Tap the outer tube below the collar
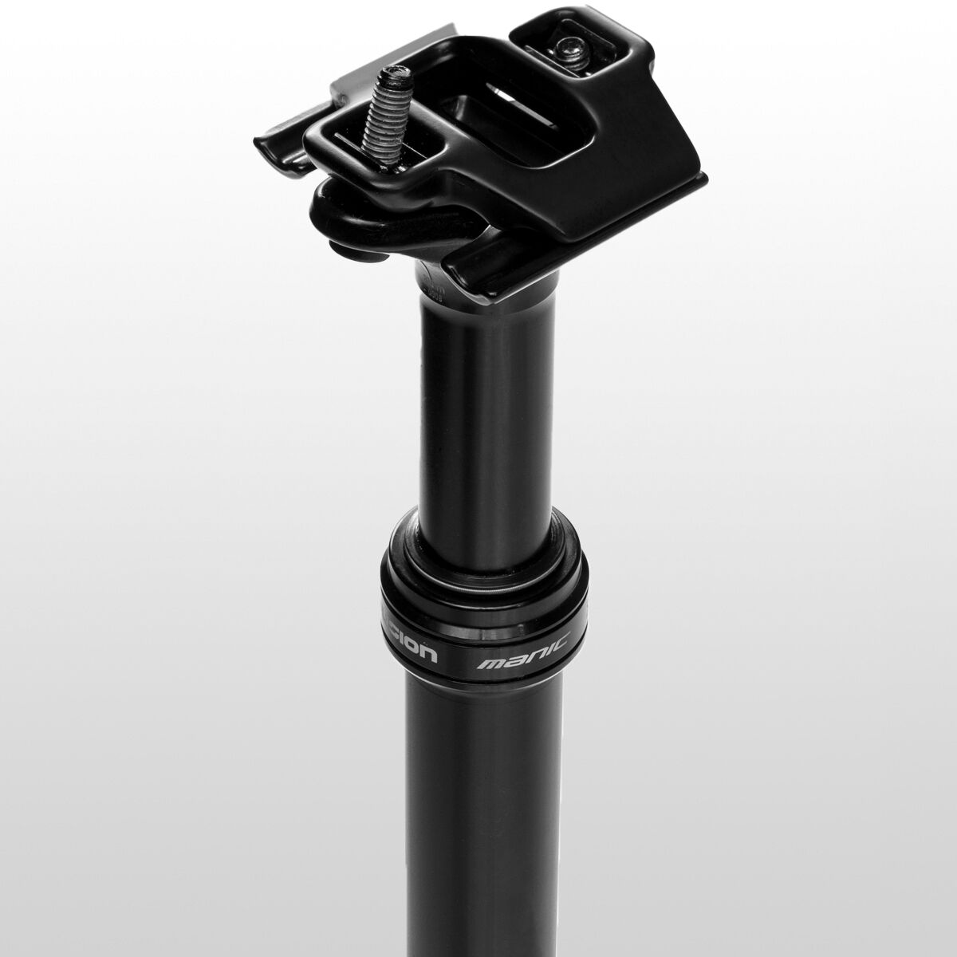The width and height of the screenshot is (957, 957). (x=486, y=797)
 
